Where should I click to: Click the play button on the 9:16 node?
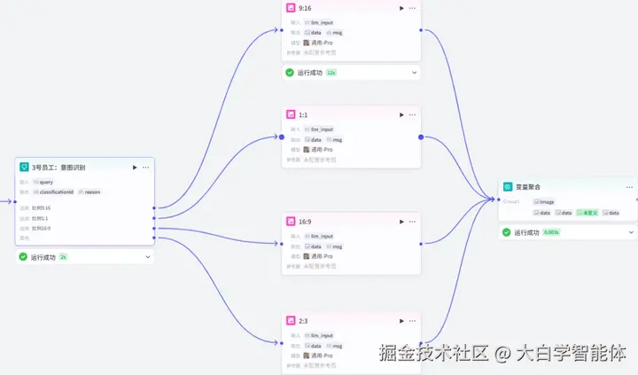pos(401,8)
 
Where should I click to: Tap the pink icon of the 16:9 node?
pos(291,221)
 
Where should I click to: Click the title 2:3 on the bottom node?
pos(303,320)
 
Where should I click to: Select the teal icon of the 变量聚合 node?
pos(508,187)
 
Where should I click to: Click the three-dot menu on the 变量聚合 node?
pos(628,187)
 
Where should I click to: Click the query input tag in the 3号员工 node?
pos(43,182)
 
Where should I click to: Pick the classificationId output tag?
pos(54,191)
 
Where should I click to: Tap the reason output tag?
pos(89,191)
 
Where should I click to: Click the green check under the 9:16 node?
pos(290,73)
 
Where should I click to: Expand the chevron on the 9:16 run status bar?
pos(414,73)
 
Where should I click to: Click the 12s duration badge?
pos(331,73)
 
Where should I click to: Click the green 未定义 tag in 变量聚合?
pos(587,213)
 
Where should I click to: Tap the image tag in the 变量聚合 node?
pos(544,202)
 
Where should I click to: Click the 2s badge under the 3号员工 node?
pos(63,257)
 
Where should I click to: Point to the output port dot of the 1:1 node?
pos(420,137)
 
